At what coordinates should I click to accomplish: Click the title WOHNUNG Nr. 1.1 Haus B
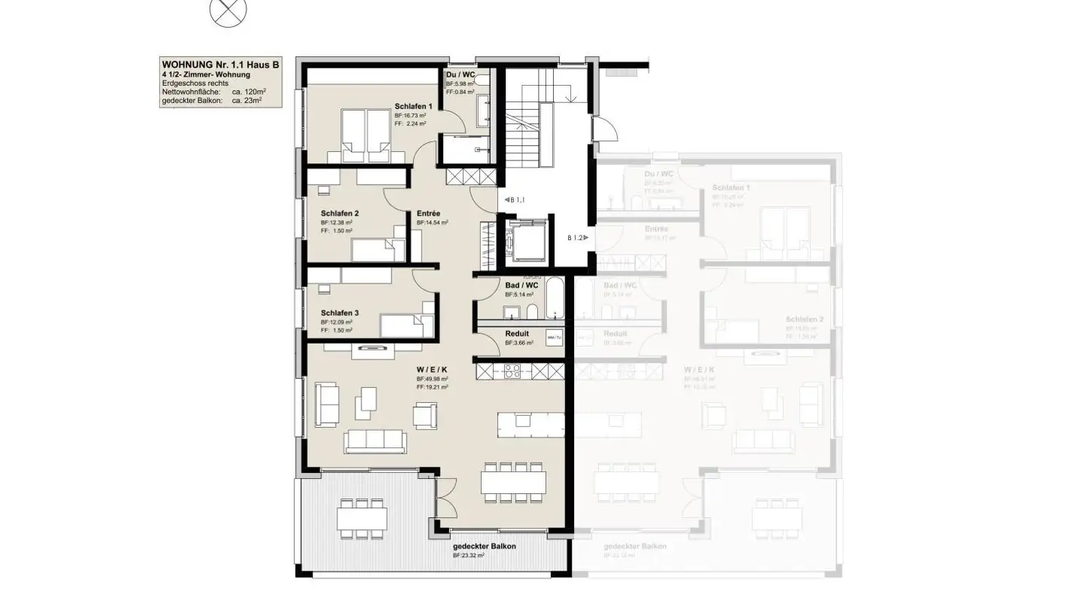click(221, 65)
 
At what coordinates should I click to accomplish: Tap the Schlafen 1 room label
click(413, 107)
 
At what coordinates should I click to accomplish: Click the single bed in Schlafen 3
click(404, 326)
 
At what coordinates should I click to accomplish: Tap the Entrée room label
click(428, 214)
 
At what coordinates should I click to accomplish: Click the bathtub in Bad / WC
click(553, 298)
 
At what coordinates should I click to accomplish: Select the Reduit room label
click(517, 334)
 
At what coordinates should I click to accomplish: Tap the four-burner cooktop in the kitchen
click(512, 371)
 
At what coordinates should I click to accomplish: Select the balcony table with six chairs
click(362, 519)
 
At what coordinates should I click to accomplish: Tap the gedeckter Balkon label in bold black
click(484, 547)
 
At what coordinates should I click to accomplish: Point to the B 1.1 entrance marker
click(514, 200)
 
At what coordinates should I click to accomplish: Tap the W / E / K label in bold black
click(432, 370)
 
